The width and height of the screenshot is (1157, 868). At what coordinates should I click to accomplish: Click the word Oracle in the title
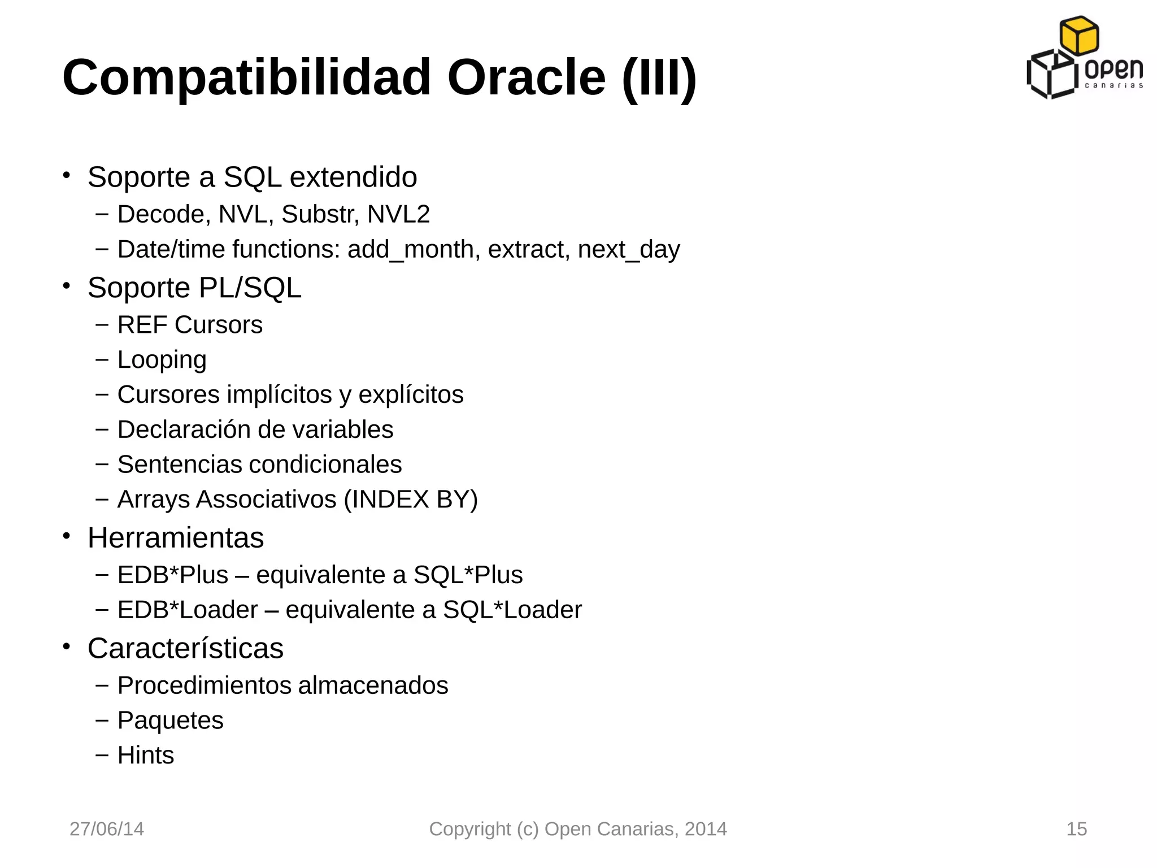[x=526, y=77]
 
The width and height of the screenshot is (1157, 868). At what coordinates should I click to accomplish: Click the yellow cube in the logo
[x=1079, y=35]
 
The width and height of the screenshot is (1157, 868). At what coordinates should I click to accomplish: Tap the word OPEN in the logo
[x=1113, y=70]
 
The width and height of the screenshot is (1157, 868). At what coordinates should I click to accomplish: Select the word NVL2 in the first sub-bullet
[x=398, y=215]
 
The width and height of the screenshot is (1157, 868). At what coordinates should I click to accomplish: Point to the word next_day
[x=629, y=250]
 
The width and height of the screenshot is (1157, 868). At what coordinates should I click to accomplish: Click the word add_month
[x=411, y=250]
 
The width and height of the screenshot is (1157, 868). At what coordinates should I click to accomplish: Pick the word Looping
[x=162, y=361]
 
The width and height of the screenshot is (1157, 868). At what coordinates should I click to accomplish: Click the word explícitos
[x=411, y=395]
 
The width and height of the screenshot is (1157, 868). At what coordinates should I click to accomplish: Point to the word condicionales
[x=325, y=465]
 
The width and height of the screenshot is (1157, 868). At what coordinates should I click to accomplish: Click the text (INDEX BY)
[x=411, y=500]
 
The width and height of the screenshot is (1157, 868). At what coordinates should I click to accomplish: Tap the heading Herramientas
[x=176, y=538]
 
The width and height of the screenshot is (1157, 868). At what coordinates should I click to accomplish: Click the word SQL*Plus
[x=468, y=575]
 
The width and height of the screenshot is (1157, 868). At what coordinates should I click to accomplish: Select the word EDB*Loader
[x=188, y=610]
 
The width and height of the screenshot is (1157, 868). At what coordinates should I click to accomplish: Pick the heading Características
[x=185, y=649]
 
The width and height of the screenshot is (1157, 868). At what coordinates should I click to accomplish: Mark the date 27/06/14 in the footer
[x=107, y=829]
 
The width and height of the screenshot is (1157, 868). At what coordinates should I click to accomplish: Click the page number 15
[x=1076, y=829]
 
